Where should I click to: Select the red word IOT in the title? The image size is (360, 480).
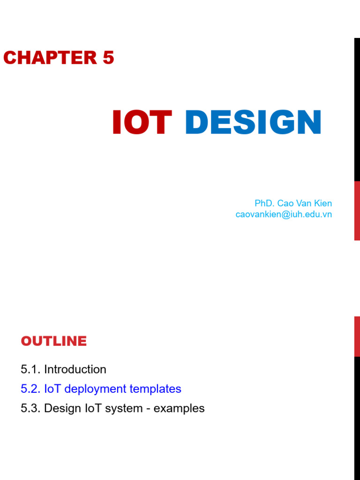(142, 123)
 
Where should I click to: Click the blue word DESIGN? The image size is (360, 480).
(253, 123)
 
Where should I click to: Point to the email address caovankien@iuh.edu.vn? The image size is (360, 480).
(284, 214)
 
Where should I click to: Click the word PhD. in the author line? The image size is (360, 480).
(264, 203)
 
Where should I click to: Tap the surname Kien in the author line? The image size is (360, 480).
(323, 203)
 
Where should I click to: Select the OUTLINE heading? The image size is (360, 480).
(54, 341)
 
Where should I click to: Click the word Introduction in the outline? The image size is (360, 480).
(75, 369)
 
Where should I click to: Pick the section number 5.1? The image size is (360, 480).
(30, 369)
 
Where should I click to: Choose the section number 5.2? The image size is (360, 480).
(30, 389)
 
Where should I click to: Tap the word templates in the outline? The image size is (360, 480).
(158, 389)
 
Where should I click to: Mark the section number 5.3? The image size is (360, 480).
(30, 408)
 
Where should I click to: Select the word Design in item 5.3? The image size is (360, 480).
(60, 408)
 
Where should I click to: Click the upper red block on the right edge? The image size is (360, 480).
(357, 210)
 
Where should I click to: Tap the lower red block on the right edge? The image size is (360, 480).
(357, 336)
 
